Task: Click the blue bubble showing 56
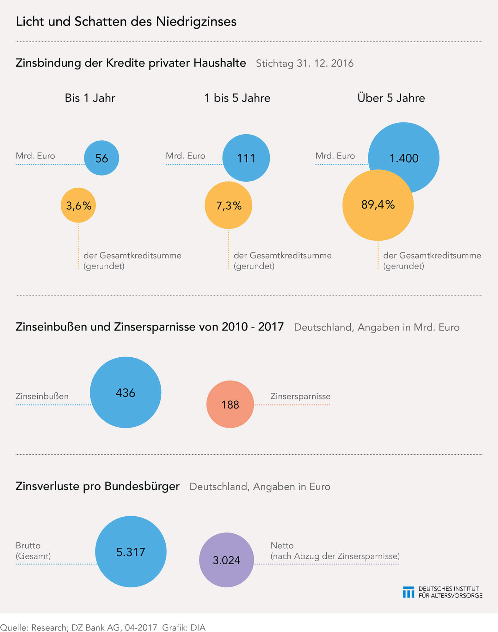[x=101, y=158]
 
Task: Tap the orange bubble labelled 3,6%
[x=78, y=205]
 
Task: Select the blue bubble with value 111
[x=246, y=158]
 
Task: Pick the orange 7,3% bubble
[x=229, y=205]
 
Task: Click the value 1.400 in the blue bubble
[x=404, y=158]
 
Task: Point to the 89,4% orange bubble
[x=378, y=205]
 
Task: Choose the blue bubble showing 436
[x=126, y=392]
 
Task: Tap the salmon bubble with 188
[x=230, y=404]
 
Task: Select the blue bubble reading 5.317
[x=131, y=552]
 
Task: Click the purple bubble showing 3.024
[x=226, y=560]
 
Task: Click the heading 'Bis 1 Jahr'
[x=90, y=98]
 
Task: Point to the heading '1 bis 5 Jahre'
[x=237, y=98]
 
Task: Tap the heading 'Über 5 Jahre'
[x=391, y=98]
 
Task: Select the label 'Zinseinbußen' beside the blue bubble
[x=42, y=396]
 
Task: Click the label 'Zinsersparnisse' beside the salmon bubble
[x=300, y=396]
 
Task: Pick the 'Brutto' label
[x=28, y=545]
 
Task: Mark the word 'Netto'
[x=282, y=545]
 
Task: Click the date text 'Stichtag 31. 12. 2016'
[x=304, y=64]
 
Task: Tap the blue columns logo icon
[x=409, y=592]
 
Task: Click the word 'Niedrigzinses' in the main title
[x=196, y=21]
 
